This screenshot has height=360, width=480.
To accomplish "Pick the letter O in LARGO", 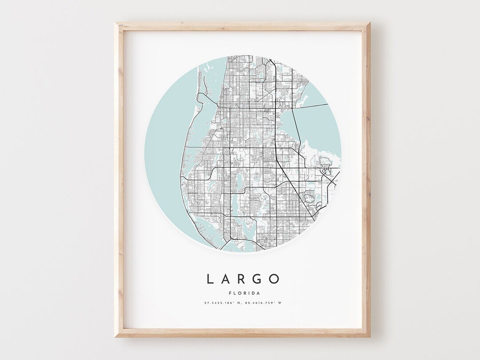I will pyautogui.click(x=276, y=279).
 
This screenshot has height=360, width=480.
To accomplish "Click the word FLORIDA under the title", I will pyautogui.click(x=243, y=293).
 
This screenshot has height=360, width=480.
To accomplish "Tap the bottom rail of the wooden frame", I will pyautogui.click(x=243, y=333).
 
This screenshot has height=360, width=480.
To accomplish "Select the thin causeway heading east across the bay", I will pyautogui.click(x=311, y=106).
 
